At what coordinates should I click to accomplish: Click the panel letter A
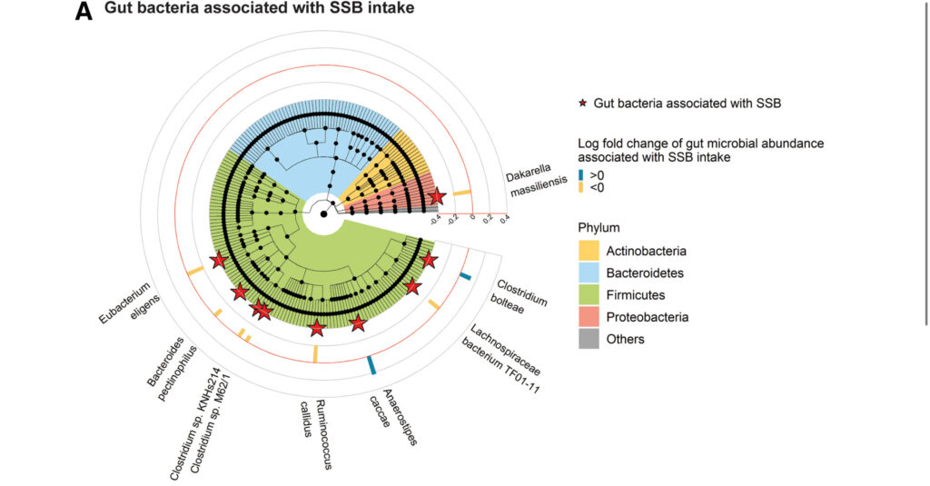[83, 12]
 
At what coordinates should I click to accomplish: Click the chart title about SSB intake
[247, 10]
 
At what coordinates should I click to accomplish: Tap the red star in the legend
[582, 104]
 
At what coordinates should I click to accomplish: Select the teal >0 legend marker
[581, 175]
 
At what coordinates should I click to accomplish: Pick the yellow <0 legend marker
[581, 188]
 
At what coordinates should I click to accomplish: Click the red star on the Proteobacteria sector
[437, 196]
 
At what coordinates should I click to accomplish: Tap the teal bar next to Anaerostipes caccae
[371, 365]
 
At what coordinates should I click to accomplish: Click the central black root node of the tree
[323, 214]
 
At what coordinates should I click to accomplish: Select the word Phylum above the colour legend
[599, 227]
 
